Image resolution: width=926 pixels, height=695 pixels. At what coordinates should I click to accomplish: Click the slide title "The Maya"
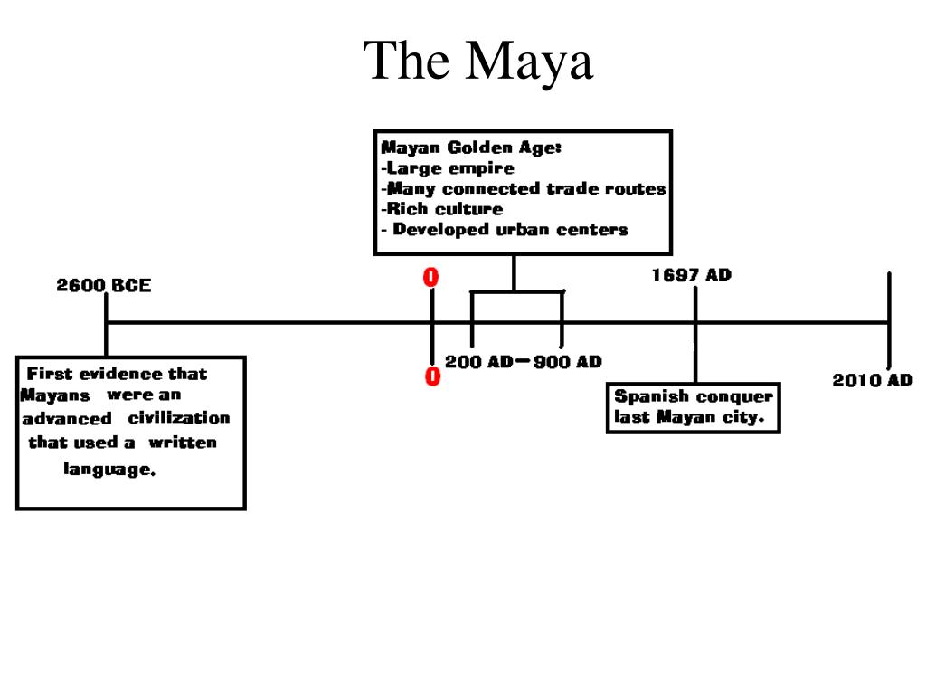tap(478, 62)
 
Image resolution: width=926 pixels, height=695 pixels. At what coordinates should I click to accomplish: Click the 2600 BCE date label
tap(104, 286)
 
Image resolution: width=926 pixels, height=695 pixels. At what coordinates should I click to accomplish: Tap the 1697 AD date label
tap(691, 275)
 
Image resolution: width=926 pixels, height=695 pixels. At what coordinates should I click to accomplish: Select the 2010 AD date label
tap(872, 380)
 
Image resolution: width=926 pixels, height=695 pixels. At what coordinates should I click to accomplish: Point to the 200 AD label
tap(478, 362)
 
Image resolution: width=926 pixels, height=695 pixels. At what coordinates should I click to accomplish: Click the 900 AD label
tap(567, 362)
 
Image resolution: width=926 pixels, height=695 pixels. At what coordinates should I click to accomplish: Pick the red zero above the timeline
tap(431, 278)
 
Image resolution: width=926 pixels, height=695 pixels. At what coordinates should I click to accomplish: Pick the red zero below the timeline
tap(432, 376)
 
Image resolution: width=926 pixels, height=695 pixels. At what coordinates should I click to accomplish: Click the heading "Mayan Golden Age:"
tap(471, 148)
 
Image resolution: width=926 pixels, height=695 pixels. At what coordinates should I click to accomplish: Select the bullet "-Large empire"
tap(447, 168)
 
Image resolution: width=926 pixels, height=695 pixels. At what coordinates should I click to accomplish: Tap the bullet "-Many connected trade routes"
tap(523, 189)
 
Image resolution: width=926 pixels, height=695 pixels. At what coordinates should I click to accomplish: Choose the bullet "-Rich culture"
tap(441, 209)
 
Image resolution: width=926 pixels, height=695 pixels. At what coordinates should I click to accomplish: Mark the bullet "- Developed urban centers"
tap(504, 230)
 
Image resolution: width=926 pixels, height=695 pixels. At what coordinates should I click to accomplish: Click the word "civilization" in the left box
tap(179, 418)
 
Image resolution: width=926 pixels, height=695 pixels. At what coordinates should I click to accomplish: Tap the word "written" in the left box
tap(183, 443)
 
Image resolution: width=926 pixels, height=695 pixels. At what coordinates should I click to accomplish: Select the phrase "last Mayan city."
tap(689, 418)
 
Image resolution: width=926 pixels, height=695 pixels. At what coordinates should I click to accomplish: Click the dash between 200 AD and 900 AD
tap(523, 361)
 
